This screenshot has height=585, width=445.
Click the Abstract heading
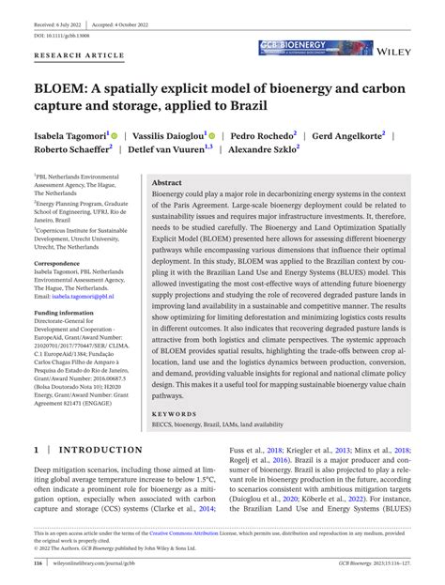[x=167, y=183]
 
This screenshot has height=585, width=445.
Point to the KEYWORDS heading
[x=173, y=411]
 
